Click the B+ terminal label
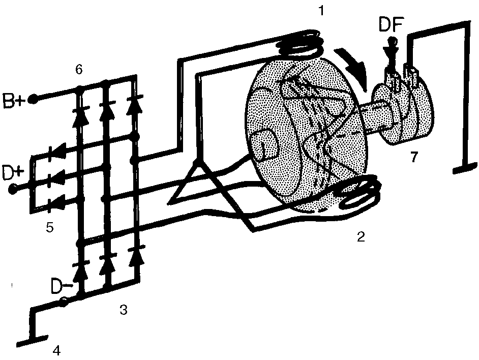(13, 101)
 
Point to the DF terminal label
(392, 25)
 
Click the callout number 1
(321, 11)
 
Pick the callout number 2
(361, 236)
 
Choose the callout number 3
(123, 310)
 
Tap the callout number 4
(57, 350)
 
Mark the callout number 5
(49, 227)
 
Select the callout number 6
(78, 70)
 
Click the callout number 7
(413, 157)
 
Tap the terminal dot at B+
(33, 99)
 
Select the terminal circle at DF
(393, 41)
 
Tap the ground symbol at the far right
(465, 169)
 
